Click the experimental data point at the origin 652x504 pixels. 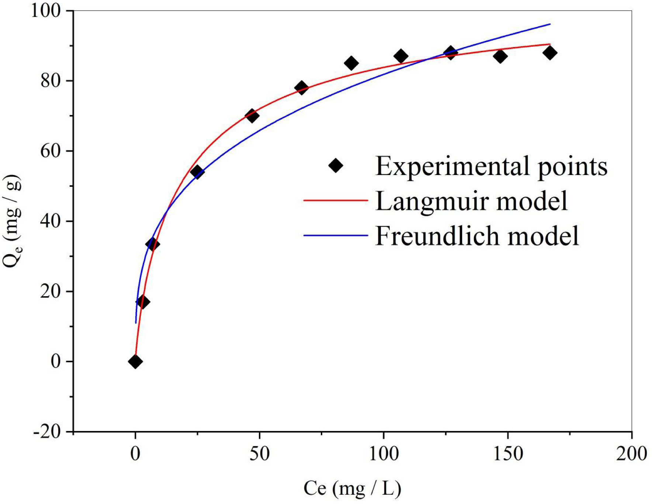pyautogui.click(x=135, y=361)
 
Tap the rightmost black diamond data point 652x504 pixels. pyautogui.click(x=549, y=53)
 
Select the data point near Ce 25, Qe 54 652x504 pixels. pyautogui.click(x=197, y=172)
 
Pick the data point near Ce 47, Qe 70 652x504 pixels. pyautogui.click(x=252, y=116)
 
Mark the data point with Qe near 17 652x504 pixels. pyautogui.click(x=143, y=302)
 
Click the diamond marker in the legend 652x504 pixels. pyautogui.click(x=336, y=166)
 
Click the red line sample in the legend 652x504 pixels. pyautogui.click(x=336, y=200)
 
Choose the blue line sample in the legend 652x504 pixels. pyautogui.click(x=336, y=235)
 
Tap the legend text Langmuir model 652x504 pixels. pyautogui.click(x=471, y=201)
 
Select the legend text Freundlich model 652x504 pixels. pyautogui.click(x=477, y=236)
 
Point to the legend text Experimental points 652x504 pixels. pyautogui.click(x=491, y=167)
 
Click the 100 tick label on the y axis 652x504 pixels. pyautogui.click(x=46, y=11)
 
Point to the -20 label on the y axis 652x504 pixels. pyautogui.click(x=47, y=431)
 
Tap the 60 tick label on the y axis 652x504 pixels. pyautogui.click(x=51, y=151)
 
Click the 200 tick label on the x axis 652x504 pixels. pyautogui.click(x=631, y=454)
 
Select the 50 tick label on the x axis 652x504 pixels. pyautogui.click(x=259, y=454)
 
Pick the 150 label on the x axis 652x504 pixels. pyautogui.click(x=508, y=454)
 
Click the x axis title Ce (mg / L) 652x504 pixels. pyautogui.click(x=352, y=489)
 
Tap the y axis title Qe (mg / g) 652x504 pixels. pyautogui.click(x=12, y=221)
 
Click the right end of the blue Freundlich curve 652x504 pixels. pyautogui.click(x=549, y=24)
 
